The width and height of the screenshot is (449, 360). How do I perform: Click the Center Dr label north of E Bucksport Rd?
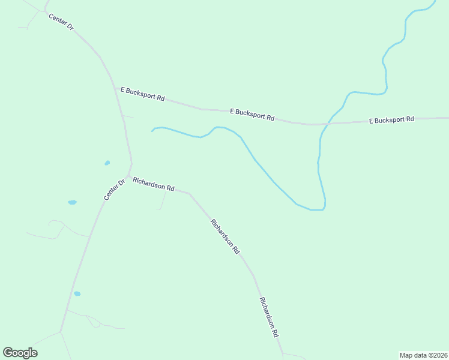click(x=61, y=22)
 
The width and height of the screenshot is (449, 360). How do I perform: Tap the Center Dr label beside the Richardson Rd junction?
click(x=113, y=190)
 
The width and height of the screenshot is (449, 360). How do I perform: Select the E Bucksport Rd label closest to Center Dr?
click(x=143, y=94)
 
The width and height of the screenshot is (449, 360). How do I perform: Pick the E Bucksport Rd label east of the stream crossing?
click(x=391, y=120)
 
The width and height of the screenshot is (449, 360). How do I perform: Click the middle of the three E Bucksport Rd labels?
click(x=252, y=114)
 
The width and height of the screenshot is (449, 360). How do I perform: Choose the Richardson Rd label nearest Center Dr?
click(x=153, y=184)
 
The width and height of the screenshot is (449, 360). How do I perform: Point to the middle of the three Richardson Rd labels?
click(x=225, y=235)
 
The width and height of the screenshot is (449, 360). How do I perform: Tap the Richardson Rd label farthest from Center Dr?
click(x=269, y=316)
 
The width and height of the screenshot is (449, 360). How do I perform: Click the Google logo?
click(x=20, y=353)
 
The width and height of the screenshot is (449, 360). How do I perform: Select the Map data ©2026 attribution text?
click(x=424, y=355)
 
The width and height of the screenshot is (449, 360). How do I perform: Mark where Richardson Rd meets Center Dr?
click(x=128, y=176)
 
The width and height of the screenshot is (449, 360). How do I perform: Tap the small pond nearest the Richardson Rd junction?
click(x=107, y=163)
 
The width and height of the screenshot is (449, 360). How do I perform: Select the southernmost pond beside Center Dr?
click(x=77, y=294)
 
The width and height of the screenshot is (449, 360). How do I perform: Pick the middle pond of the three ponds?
click(x=73, y=202)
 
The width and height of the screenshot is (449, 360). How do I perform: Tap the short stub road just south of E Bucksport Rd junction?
click(x=128, y=116)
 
